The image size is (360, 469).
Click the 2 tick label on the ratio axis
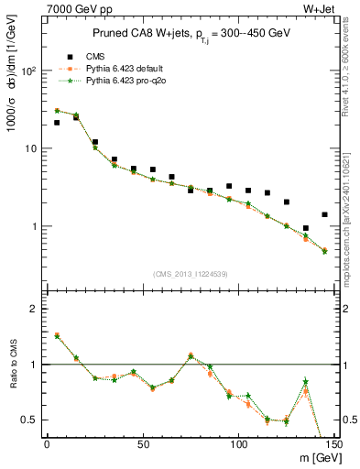33,310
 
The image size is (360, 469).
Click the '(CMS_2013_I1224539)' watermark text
190,272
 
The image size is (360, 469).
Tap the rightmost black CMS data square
324,214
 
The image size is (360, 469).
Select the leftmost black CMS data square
57,122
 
